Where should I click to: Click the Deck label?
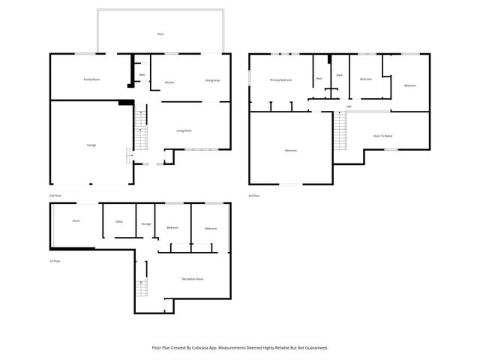160,34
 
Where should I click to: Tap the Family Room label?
91,79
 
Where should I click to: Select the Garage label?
91,145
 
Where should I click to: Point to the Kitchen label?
169,82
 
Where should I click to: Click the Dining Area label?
212,79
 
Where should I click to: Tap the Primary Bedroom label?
280,79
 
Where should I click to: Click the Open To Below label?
383,136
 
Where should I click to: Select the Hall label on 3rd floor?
349,106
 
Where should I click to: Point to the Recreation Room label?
193,279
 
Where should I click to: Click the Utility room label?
118,222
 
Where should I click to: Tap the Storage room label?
146,223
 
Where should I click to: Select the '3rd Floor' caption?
254,195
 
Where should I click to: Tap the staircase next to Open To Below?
342,133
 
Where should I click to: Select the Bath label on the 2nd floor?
142,75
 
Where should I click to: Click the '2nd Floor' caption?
55,195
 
